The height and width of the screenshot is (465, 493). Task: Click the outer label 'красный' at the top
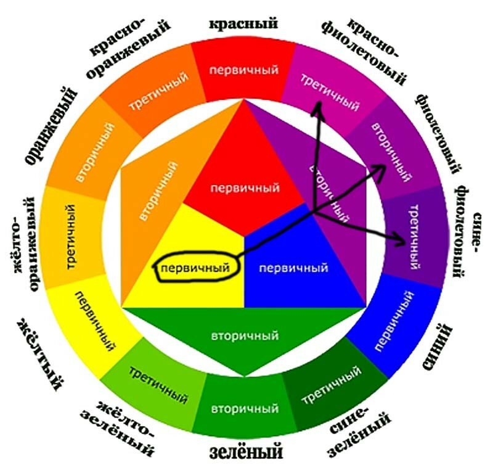[x=243, y=23]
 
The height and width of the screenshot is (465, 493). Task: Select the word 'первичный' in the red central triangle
[x=244, y=187]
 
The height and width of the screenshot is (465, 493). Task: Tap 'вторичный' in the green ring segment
[x=244, y=409]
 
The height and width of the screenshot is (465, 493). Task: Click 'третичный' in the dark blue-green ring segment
[x=331, y=385]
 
